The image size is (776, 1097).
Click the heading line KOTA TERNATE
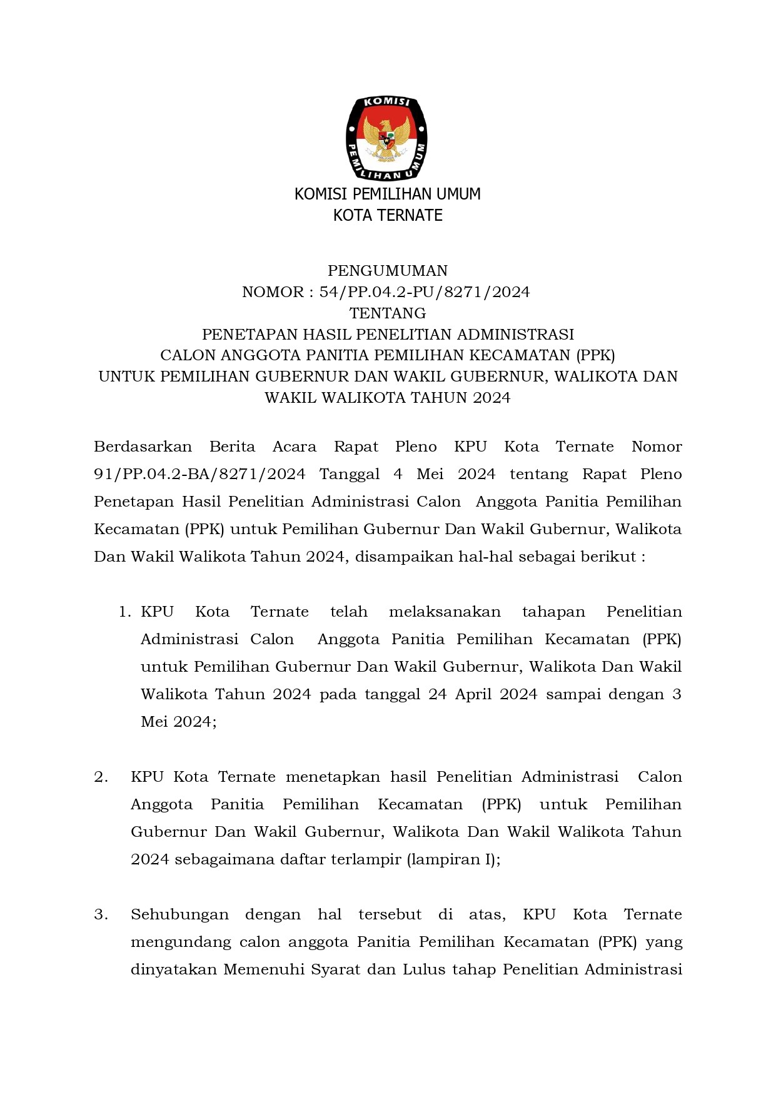pos(388,216)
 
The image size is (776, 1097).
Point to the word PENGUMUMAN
pos(388,271)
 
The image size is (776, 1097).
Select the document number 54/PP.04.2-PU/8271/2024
pos(425,292)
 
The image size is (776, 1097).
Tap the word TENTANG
pos(388,313)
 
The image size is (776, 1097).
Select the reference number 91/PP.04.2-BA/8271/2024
pos(199,474)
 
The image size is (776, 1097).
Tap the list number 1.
pos(124,612)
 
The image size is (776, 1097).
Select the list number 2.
pos(101,777)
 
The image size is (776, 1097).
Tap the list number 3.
pos(101,914)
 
